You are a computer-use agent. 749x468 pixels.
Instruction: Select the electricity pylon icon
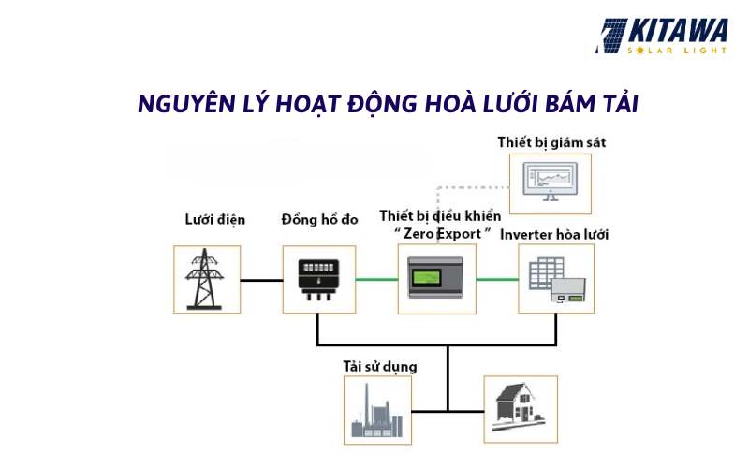pos(204,279)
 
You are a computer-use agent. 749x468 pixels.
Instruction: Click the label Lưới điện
pos(215,220)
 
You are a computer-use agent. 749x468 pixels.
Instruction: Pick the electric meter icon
pos(318,279)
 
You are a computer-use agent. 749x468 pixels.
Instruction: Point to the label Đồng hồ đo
pos(319,220)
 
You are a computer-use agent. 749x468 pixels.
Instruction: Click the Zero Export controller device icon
pos(435,277)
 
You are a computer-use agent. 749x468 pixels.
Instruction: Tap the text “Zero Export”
pos(442,233)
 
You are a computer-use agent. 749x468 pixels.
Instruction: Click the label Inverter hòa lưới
pos(554,235)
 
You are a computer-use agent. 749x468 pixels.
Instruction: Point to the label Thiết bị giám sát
pos(551,142)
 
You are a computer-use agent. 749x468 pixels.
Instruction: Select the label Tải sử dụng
pos(380,367)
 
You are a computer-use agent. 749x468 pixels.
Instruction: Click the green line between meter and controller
pos(377,279)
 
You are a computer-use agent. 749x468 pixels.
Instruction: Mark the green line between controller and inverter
pos(497,279)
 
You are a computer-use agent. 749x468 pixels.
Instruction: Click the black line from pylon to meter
pos(261,280)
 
